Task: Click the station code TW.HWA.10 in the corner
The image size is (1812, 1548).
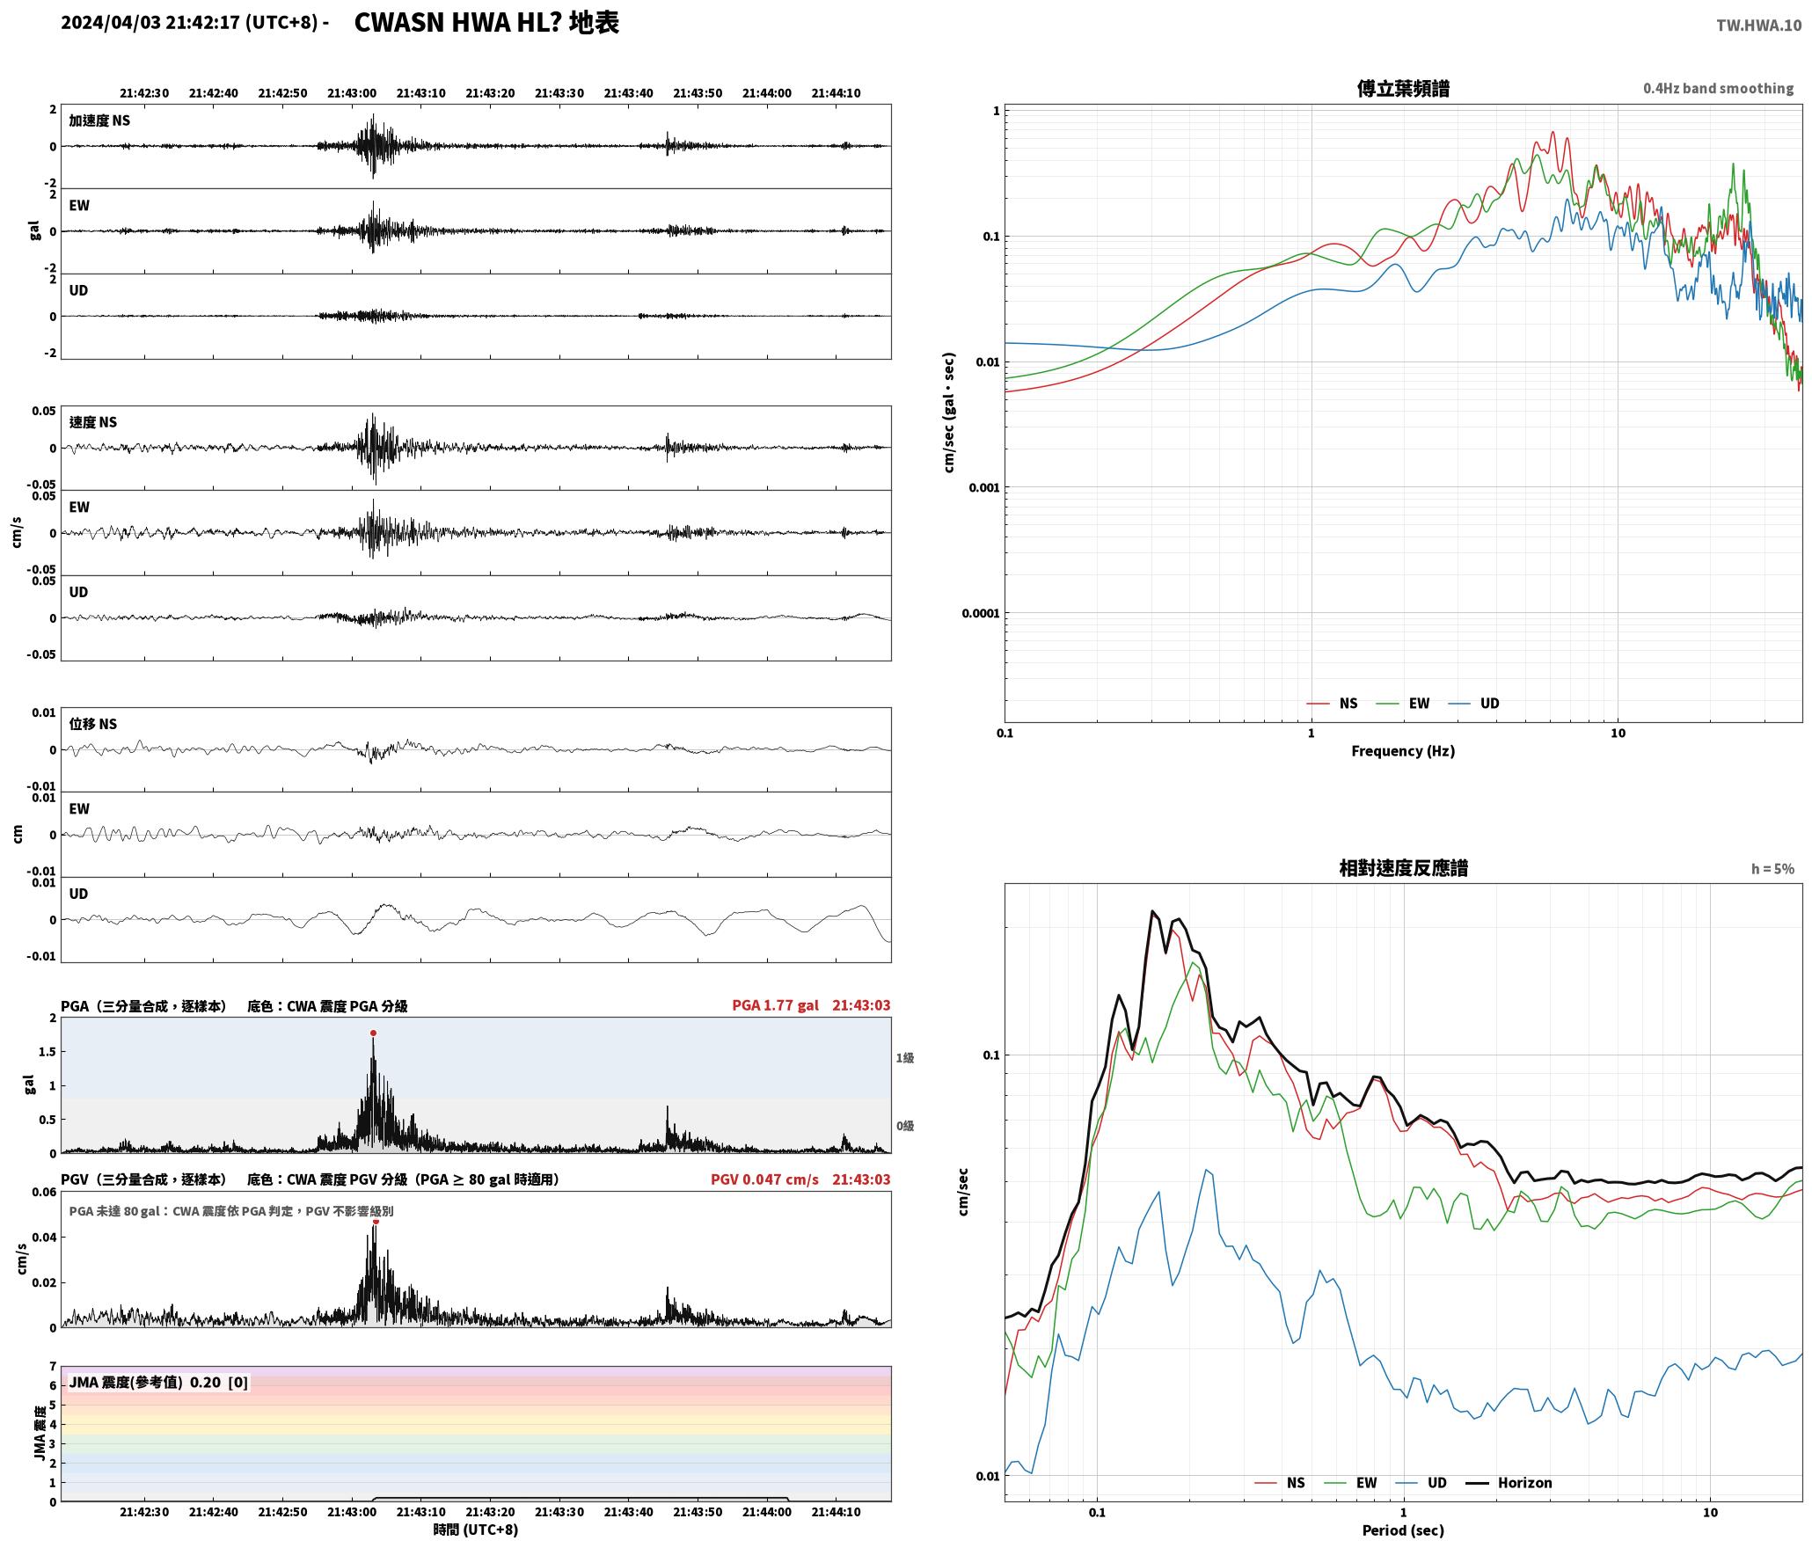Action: [1758, 26]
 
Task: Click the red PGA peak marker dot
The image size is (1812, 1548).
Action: [373, 1033]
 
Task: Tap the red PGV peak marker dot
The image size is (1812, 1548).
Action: [376, 1221]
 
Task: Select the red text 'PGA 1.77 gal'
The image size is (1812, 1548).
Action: [775, 1005]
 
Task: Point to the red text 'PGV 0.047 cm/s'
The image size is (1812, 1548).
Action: [764, 1179]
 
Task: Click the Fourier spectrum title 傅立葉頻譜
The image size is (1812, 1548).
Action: [1403, 89]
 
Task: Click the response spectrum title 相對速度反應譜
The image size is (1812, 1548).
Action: [1403, 868]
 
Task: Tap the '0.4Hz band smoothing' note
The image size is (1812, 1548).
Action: [1718, 89]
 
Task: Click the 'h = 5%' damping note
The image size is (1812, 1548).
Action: [1772, 869]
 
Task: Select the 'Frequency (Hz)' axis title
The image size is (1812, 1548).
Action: [1403, 751]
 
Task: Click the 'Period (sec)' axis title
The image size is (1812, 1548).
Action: [1403, 1530]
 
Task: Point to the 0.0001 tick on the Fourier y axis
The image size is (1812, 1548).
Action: [981, 613]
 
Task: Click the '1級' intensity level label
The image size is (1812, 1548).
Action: [905, 1058]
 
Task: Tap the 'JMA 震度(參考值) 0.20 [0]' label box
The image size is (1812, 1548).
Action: [158, 1383]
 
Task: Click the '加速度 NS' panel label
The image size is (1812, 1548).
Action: [99, 120]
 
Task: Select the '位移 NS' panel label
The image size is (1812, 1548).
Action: [93, 724]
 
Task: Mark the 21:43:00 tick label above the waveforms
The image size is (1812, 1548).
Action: [352, 93]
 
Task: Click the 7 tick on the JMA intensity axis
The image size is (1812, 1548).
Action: [53, 1367]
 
